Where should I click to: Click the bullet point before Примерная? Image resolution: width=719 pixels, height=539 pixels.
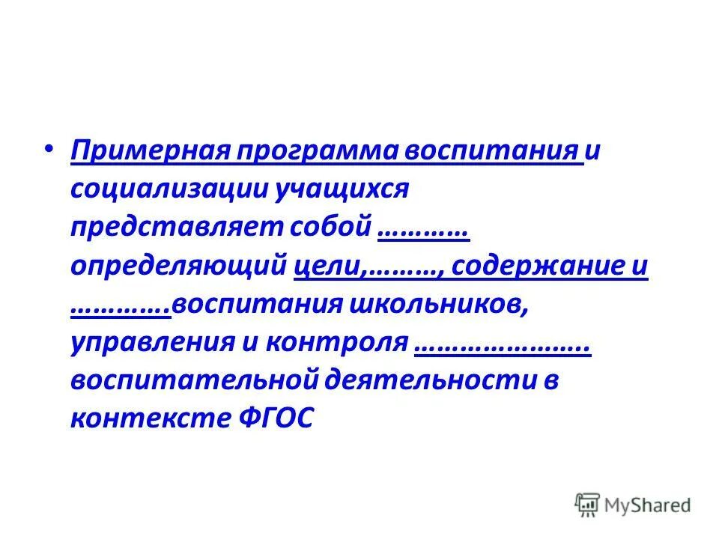49,149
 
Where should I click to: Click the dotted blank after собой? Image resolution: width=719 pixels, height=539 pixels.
424,233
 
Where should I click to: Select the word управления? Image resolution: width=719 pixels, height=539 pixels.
150,344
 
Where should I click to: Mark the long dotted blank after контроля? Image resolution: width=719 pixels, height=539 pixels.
502,349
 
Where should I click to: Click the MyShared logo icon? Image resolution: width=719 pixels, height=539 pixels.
587,505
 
